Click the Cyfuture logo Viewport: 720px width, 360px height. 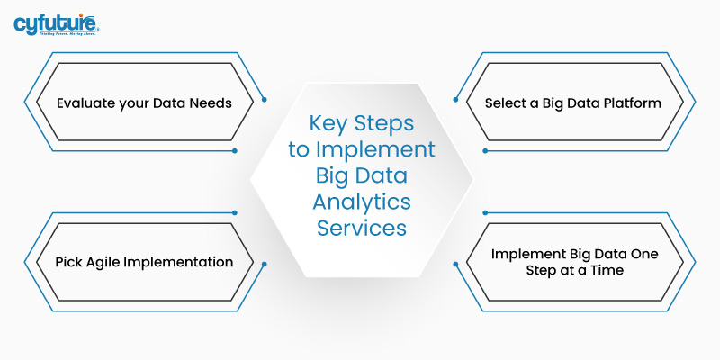56,22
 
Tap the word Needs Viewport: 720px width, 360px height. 210,103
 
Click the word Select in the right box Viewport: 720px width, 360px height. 506,103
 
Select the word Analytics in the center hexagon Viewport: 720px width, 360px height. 361,202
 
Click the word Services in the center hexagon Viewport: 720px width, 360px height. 361,228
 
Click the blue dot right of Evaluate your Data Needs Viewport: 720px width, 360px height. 263,99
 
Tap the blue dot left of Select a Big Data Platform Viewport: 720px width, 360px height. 456,99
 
